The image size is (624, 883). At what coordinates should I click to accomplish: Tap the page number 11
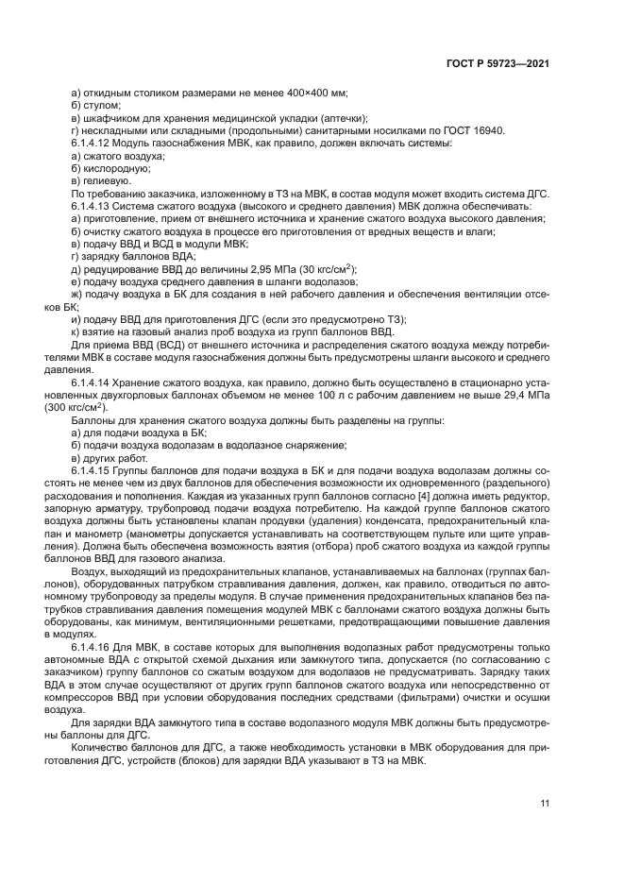pyautogui.click(x=545, y=804)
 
